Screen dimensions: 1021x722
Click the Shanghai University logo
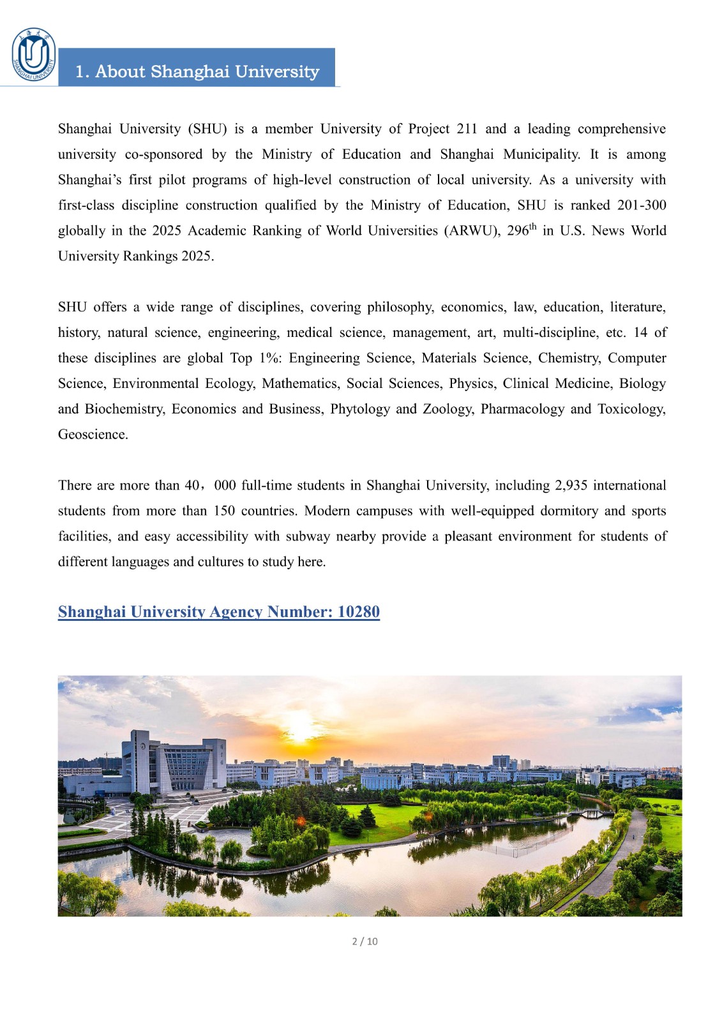click(34, 56)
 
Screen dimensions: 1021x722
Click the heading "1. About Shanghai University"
click(197, 71)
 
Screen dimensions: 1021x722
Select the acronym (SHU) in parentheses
click(207, 129)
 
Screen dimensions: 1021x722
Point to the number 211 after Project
click(467, 129)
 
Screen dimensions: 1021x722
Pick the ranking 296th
click(522, 230)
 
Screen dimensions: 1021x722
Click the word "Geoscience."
click(93, 435)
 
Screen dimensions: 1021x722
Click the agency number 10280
click(359, 612)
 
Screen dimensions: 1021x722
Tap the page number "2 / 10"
click(365, 941)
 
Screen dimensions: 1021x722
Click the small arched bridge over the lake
click(592, 813)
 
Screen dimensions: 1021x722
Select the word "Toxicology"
click(631, 409)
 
